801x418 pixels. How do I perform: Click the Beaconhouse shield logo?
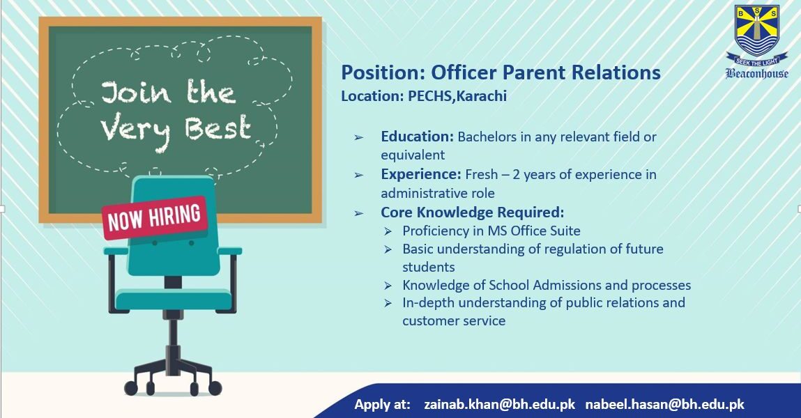(756, 31)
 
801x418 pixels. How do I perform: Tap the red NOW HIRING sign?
(154, 217)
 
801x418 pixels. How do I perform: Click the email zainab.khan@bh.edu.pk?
(499, 404)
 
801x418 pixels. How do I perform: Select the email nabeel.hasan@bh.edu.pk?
(664, 404)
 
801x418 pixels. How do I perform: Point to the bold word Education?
(418, 137)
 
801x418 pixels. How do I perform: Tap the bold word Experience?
(421, 175)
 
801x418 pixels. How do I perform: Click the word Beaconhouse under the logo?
(756, 73)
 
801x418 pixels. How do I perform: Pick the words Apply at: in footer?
(382, 404)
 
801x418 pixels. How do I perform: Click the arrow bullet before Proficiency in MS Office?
(388, 231)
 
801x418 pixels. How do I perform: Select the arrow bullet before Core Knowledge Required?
(359, 212)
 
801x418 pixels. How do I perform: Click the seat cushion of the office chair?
(173, 299)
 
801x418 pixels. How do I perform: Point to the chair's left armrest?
(116, 251)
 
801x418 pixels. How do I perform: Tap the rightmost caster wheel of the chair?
(215, 389)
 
